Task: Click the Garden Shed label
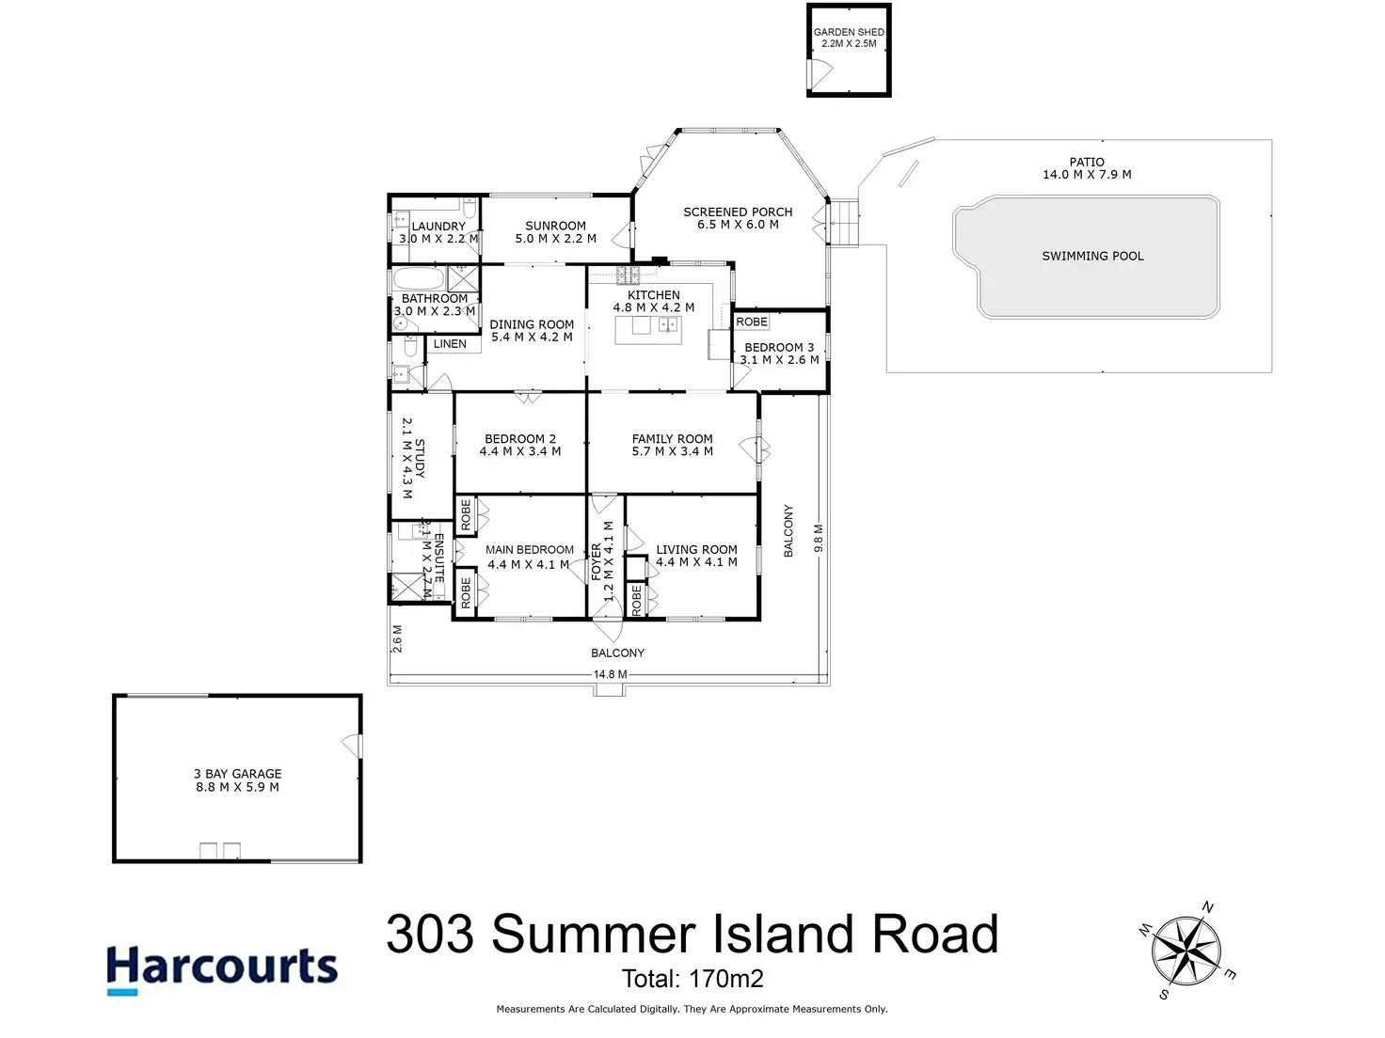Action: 849,32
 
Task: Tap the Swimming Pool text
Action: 1092,256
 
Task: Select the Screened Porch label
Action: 738,212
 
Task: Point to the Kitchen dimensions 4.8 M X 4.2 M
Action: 654,307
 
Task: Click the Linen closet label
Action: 450,344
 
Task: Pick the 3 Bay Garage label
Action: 237,774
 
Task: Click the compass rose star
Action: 1188,951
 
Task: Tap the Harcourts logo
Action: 222,968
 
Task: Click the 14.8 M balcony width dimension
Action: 610,674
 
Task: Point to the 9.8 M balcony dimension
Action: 819,538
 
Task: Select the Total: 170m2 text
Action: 692,979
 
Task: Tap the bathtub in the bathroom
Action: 417,279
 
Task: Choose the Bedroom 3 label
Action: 779,347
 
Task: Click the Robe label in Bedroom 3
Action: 752,322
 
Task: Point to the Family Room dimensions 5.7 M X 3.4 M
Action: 672,451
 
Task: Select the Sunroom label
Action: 555,226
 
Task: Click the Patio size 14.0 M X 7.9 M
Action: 1087,175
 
